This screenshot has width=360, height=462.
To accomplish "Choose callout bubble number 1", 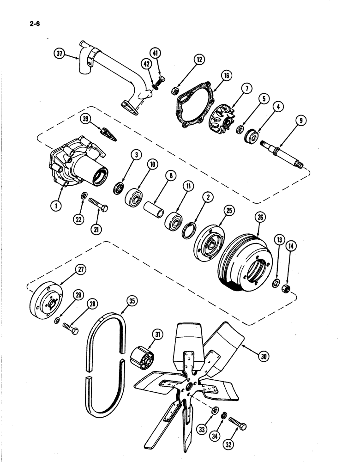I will point(56,207).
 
